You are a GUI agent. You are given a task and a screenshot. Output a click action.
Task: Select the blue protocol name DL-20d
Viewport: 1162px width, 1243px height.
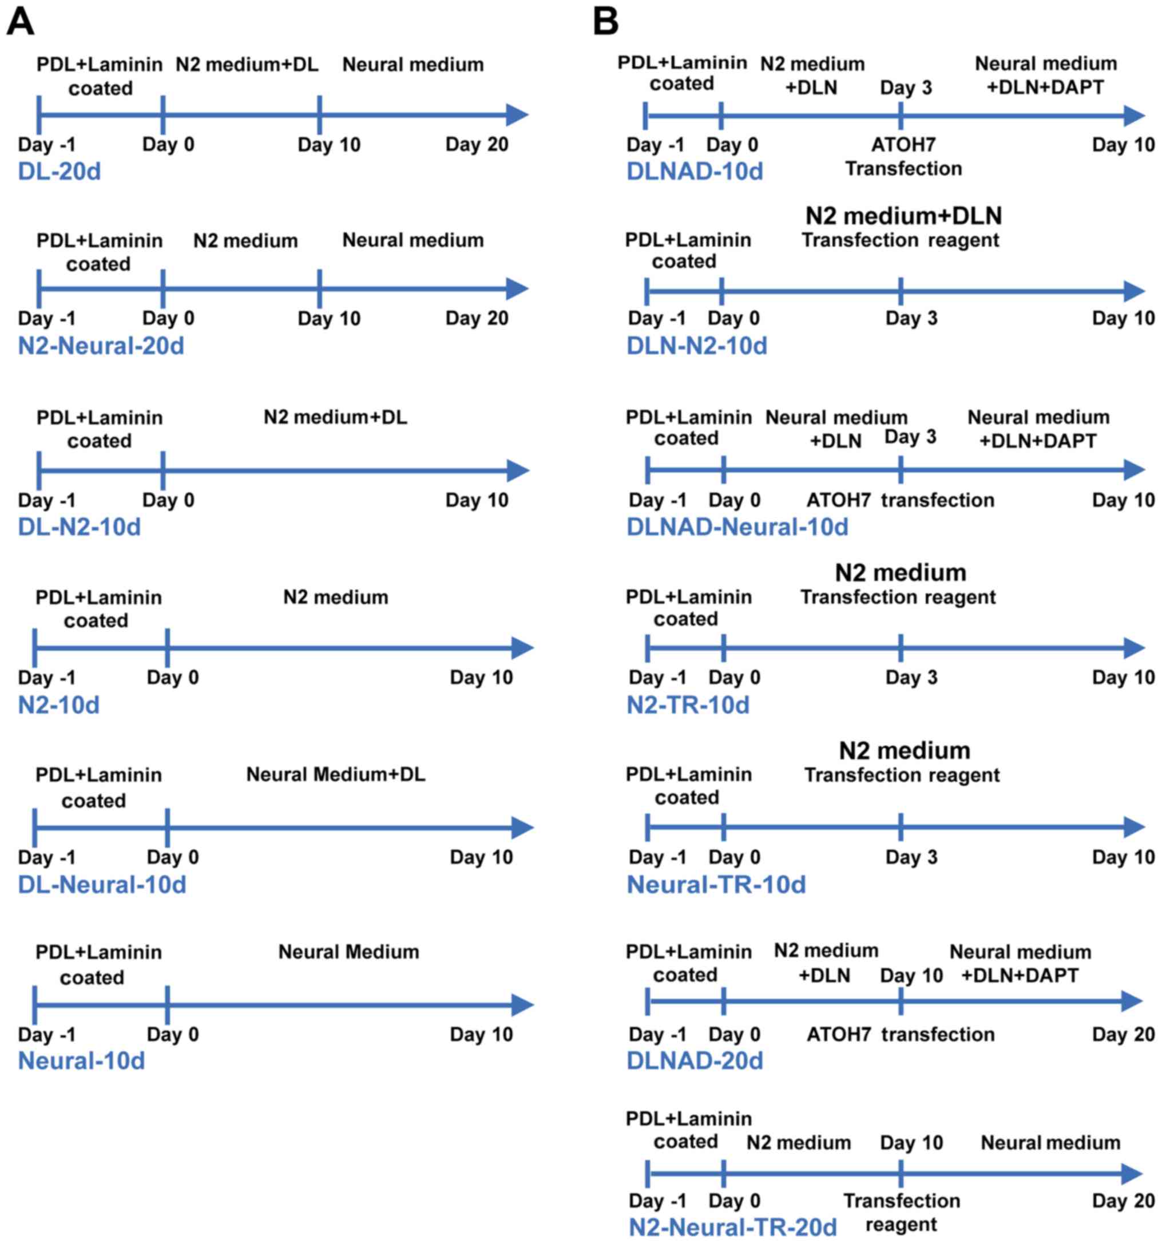(60, 171)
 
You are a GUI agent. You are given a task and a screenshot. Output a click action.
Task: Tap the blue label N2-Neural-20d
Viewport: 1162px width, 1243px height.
(101, 346)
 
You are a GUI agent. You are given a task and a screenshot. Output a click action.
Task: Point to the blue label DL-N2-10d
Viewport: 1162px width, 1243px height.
(80, 527)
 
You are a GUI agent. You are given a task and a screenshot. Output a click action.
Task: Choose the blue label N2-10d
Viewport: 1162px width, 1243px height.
(59, 705)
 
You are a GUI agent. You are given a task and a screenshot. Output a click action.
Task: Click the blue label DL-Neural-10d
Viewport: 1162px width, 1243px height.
(102, 885)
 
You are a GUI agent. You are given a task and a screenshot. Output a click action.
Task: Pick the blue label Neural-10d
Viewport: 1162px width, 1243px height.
(81, 1061)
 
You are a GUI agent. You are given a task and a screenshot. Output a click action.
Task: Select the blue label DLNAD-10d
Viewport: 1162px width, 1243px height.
(695, 171)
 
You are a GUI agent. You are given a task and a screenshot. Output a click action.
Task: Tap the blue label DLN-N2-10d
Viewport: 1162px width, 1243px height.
(696, 346)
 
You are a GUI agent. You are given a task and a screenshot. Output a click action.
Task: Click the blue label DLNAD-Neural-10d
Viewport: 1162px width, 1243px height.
(737, 527)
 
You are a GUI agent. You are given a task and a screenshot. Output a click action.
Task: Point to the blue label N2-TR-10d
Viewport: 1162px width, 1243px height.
(688, 705)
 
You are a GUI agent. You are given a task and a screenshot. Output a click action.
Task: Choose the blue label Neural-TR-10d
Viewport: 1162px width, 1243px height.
(716, 885)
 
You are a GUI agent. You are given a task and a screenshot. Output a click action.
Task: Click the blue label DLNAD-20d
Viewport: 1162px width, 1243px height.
(695, 1061)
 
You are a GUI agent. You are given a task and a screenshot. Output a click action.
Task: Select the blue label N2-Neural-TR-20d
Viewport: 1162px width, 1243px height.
(732, 1227)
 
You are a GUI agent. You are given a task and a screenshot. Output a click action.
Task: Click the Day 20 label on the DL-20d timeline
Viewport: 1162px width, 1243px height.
(477, 144)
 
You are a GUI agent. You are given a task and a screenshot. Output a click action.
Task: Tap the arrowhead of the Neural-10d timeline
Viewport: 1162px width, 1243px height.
(522, 1006)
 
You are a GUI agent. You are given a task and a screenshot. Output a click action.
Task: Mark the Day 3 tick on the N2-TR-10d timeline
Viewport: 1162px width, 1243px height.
(900, 648)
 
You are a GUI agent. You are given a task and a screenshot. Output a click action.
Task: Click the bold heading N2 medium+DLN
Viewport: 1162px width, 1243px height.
(903, 216)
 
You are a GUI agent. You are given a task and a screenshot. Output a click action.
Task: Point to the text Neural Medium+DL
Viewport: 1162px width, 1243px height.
(336, 775)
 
